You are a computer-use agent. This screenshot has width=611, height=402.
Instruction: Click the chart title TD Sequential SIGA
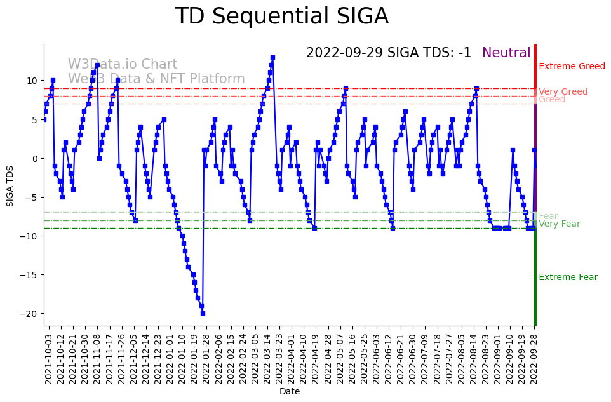281,17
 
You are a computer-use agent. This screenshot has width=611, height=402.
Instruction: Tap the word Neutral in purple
506,53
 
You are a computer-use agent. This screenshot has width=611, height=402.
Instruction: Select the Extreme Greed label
572,67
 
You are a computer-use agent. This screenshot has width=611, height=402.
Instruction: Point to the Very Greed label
563,92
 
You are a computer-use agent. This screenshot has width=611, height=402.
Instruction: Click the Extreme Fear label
568,278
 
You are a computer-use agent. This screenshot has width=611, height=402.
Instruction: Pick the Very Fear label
559,224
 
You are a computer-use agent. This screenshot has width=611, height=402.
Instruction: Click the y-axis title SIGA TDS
10,185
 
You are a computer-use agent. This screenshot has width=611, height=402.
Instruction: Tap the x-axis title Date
290,392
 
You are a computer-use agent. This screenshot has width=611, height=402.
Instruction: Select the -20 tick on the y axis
29,314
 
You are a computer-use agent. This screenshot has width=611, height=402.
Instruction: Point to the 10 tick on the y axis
32,81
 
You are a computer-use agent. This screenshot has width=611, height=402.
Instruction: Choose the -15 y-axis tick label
29,275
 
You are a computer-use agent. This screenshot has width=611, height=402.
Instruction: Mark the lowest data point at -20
203,313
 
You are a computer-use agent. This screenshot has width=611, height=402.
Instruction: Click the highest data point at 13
272,57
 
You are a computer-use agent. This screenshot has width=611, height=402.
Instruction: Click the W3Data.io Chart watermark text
123,65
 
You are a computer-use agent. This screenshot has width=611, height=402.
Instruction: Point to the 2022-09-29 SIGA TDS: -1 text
389,53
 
